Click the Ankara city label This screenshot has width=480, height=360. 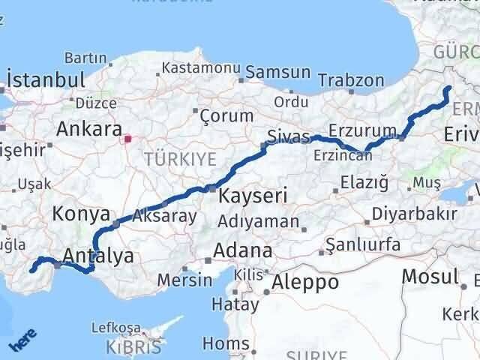(89, 128)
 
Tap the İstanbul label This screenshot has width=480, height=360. (45, 80)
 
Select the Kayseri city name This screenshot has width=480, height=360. (253, 196)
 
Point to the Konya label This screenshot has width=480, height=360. (81, 214)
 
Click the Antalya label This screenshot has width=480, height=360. (98, 256)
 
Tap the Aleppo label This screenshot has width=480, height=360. (306, 282)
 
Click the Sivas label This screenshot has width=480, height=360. (288, 136)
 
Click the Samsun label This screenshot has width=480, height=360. (277, 73)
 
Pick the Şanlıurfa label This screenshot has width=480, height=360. (362, 245)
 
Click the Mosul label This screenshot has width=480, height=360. (430, 276)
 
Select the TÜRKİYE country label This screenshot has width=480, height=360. (180, 159)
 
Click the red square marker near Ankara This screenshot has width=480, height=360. (127, 139)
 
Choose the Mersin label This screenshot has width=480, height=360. (184, 280)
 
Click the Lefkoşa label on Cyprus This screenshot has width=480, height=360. (115, 328)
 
